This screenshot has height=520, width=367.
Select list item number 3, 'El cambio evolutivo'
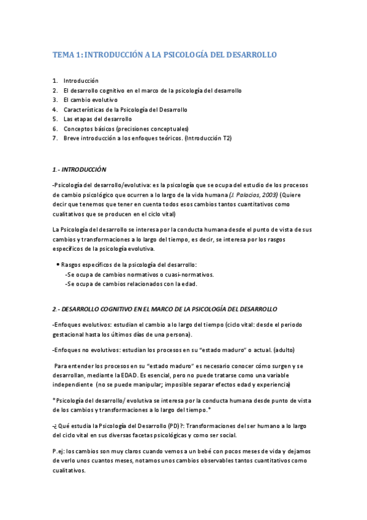91,100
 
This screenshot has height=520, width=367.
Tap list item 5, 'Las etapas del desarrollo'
97,119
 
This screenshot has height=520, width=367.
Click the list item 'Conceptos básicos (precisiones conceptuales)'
126,129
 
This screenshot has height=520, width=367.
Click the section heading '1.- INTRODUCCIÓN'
80,169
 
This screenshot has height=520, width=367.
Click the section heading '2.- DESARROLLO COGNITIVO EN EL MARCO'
165,308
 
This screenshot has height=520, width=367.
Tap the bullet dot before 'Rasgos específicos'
57,264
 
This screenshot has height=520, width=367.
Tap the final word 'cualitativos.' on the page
69,471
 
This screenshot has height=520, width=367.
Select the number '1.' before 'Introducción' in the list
56,80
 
